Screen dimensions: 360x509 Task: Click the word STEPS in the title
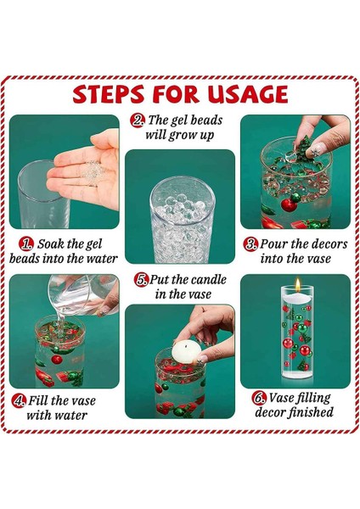pyautogui.click(x=108, y=94)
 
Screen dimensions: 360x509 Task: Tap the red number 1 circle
pyautogui.click(x=26, y=244)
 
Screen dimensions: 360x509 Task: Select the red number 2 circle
pyautogui.click(x=138, y=120)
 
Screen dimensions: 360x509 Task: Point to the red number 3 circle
pyautogui.click(x=250, y=244)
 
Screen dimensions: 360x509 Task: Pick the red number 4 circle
pyautogui.click(x=19, y=400)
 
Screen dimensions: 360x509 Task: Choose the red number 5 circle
pyautogui.click(x=141, y=280)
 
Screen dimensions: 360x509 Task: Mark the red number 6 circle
pyautogui.click(x=259, y=398)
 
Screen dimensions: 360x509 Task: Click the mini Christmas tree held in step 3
pyautogui.click(x=305, y=147)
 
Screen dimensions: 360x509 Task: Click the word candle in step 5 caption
pyautogui.click(x=208, y=280)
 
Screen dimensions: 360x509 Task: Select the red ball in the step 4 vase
pyautogui.click(x=57, y=359)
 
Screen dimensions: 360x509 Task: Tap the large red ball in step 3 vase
pyautogui.click(x=289, y=205)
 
